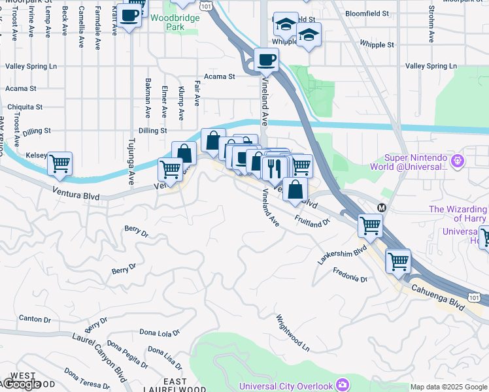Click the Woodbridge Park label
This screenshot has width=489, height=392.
coord(167,23)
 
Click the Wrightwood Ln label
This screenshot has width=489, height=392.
coord(292,333)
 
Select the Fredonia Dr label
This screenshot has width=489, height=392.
coord(350,274)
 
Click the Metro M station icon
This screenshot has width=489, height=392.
coord(382,208)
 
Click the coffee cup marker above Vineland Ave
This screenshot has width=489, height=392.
coord(266,60)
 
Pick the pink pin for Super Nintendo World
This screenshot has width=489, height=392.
coord(457,159)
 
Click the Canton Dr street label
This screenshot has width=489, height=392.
coord(35,319)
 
